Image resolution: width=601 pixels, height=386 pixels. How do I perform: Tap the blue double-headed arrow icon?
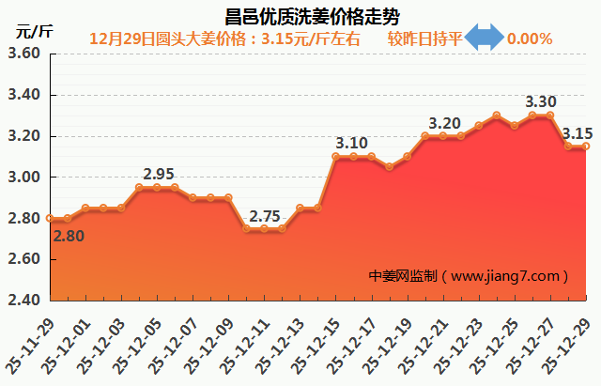[485, 39]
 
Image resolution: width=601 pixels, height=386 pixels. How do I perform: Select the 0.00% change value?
[530, 39]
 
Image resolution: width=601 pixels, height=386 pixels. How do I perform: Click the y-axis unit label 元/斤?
[34, 31]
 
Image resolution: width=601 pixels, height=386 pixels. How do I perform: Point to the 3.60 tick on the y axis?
[23, 54]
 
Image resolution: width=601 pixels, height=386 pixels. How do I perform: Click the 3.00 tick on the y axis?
[23, 178]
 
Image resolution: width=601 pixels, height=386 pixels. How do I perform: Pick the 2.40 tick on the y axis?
[23, 301]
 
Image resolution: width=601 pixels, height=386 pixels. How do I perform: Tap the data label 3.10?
[351, 143]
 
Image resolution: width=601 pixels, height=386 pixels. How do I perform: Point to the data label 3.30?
[541, 101]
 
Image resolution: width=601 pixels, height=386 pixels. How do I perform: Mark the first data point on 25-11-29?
[50, 218]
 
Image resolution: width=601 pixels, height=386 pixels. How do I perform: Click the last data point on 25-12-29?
[586, 146]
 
